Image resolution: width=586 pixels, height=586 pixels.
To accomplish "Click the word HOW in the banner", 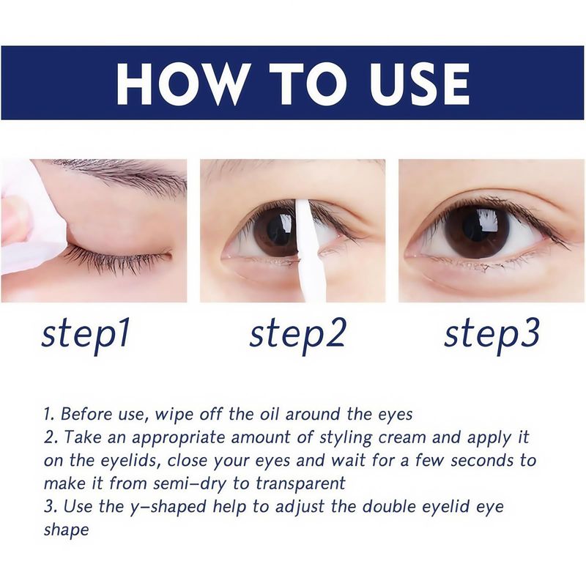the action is [181, 84].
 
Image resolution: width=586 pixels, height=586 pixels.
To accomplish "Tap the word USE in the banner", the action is [420, 84].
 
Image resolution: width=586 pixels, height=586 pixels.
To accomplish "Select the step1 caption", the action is [86, 334].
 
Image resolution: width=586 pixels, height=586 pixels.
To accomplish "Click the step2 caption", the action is [297, 334].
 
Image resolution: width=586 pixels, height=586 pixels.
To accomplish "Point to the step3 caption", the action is [492, 334].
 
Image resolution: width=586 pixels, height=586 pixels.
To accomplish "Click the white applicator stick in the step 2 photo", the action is [306, 251].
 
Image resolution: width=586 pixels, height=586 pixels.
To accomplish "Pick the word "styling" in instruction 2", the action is [345, 438].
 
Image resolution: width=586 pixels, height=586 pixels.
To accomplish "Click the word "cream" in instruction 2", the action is [401, 438].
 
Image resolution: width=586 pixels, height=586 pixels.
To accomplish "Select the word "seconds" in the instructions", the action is [482, 461].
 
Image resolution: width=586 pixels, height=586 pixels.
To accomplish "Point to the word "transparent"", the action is [300, 484].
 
